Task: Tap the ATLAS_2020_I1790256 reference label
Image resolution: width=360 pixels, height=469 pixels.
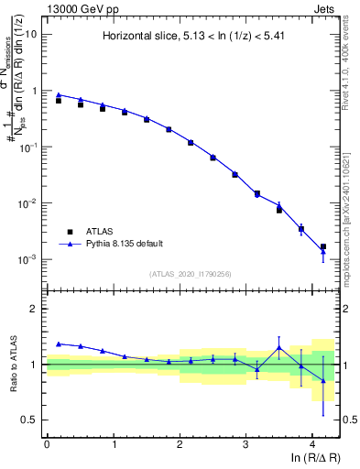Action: coord(191,274)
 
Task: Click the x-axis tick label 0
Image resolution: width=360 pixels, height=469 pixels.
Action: coord(47,443)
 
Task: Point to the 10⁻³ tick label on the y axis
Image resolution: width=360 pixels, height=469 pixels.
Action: coord(29,260)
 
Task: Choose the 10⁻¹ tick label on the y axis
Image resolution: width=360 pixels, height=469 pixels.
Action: coord(29,147)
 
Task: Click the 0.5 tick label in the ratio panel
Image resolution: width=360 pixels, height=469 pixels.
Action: coord(30,420)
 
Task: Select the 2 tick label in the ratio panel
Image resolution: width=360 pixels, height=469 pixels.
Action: coord(35,309)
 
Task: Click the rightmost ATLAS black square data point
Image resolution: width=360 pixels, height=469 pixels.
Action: coord(322,246)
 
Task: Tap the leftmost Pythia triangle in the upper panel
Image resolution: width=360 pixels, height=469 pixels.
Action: coord(59,94)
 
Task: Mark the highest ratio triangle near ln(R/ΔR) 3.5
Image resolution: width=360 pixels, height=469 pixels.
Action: coord(279,347)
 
